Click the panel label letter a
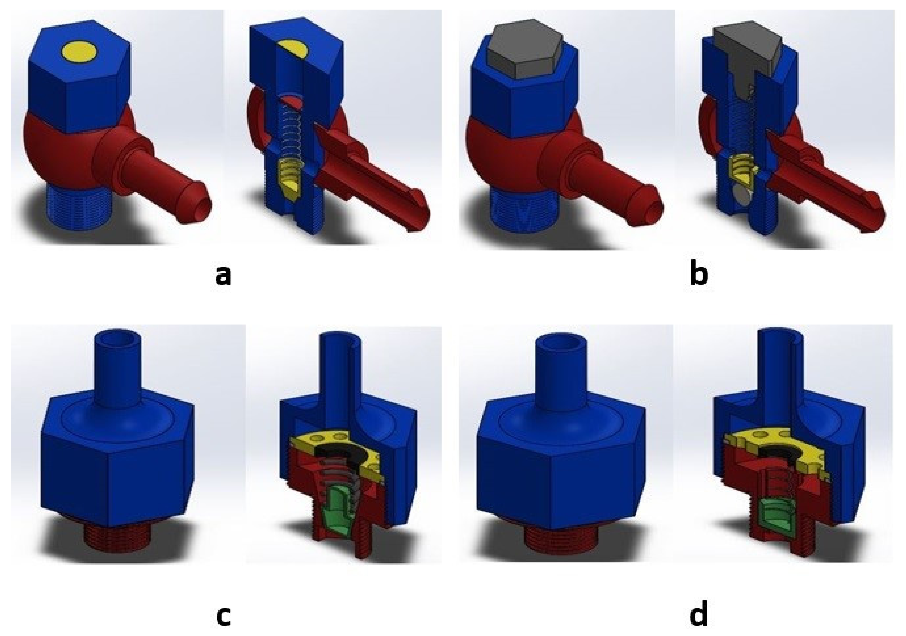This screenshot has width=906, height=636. pyautogui.click(x=223, y=275)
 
